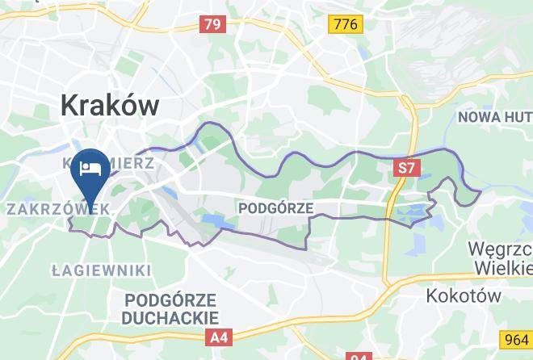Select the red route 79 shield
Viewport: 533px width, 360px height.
212,25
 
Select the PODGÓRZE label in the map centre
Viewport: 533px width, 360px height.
276,207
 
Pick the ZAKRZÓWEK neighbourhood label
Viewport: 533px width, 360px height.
57,208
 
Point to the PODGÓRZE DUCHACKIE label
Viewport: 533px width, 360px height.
170,308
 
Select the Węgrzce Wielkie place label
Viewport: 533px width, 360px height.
503,257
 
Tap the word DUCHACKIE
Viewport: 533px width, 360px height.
170,317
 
